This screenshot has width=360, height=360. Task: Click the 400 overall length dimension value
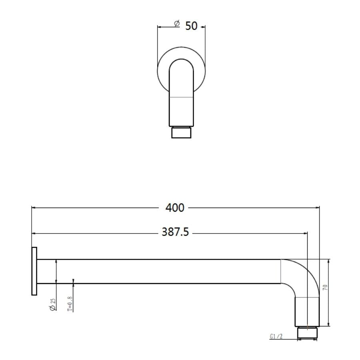[x=175, y=208]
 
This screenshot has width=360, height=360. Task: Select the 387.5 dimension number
[x=175, y=232]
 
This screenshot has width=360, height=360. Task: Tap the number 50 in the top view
[x=191, y=26]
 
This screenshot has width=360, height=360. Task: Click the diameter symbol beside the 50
[x=177, y=24]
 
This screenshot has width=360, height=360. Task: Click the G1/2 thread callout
[x=276, y=337]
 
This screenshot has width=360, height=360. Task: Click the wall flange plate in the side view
[x=34, y=271]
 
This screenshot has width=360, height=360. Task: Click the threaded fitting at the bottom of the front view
[x=182, y=132]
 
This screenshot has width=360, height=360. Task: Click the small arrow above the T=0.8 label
[x=74, y=281]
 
